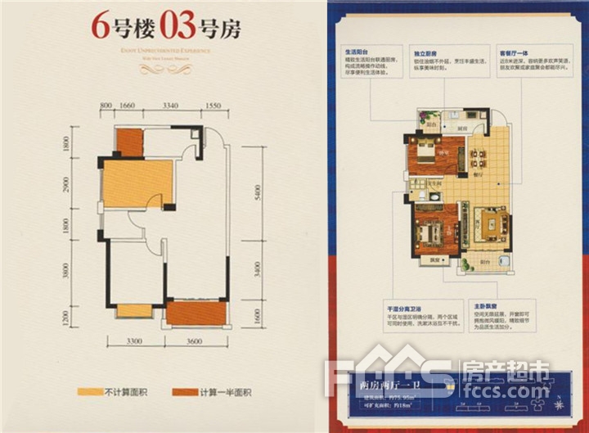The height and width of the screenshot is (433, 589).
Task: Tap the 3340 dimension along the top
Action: (170, 106)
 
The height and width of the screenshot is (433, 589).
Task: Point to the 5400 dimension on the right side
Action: (257, 193)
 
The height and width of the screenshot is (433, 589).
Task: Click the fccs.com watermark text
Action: (517, 391)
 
